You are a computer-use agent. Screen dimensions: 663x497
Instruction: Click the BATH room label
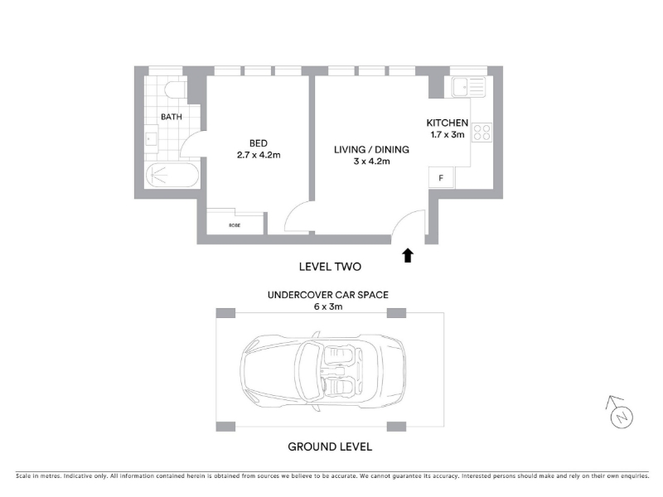172,117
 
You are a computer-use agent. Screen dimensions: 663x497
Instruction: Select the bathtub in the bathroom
172,175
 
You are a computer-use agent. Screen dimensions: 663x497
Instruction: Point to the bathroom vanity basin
151,139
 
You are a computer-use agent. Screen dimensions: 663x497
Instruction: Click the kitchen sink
468,87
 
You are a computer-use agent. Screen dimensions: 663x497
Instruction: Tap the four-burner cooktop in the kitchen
482,132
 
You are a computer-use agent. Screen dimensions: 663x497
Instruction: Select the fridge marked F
441,177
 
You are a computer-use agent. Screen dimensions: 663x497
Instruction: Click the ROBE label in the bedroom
235,225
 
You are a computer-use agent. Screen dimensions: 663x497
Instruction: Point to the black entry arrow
408,255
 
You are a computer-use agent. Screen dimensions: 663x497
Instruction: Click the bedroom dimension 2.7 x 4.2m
259,155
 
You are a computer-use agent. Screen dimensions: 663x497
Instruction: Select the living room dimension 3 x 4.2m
371,161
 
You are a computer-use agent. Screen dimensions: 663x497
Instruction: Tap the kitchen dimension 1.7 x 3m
448,134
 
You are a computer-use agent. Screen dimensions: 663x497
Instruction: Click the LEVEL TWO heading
330,267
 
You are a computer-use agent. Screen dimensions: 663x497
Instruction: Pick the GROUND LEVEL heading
330,446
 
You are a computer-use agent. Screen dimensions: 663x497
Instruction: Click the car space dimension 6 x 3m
328,306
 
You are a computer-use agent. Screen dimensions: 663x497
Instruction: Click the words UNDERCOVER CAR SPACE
328,295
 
